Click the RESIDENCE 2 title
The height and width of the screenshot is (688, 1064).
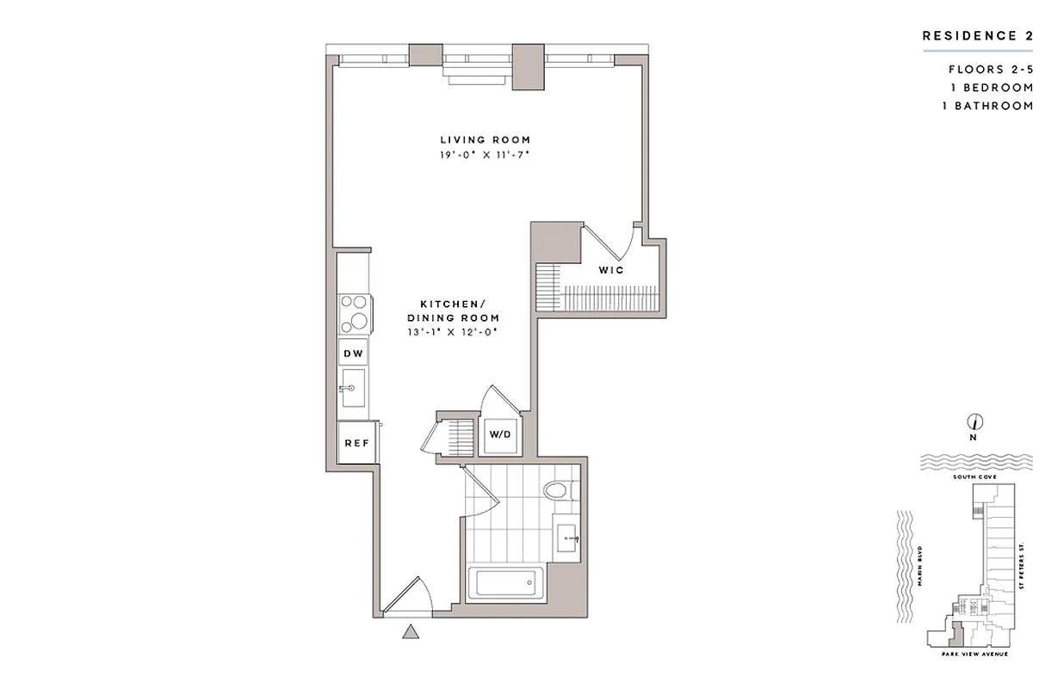pyautogui.click(x=977, y=36)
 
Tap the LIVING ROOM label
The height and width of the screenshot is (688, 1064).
pyautogui.click(x=486, y=139)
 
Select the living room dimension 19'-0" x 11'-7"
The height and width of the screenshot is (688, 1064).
pyautogui.click(x=486, y=156)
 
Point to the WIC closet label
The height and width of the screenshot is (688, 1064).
pyautogui.click(x=611, y=270)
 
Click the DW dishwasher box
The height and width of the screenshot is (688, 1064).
pyautogui.click(x=353, y=353)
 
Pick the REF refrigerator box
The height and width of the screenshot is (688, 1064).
pyautogui.click(x=356, y=443)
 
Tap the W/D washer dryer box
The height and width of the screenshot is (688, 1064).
pyautogui.click(x=500, y=434)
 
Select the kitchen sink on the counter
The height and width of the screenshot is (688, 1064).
pyautogui.click(x=352, y=390)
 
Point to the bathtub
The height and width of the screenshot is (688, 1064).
pyautogui.click(x=506, y=585)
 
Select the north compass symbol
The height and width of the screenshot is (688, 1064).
pyautogui.click(x=975, y=422)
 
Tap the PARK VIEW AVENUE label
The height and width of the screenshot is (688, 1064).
pyautogui.click(x=976, y=654)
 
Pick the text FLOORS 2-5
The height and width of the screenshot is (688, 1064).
pyautogui.click(x=990, y=70)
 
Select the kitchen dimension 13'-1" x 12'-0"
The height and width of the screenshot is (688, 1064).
pyautogui.click(x=453, y=331)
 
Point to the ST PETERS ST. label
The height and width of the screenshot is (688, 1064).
pyautogui.click(x=1022, y=566)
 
